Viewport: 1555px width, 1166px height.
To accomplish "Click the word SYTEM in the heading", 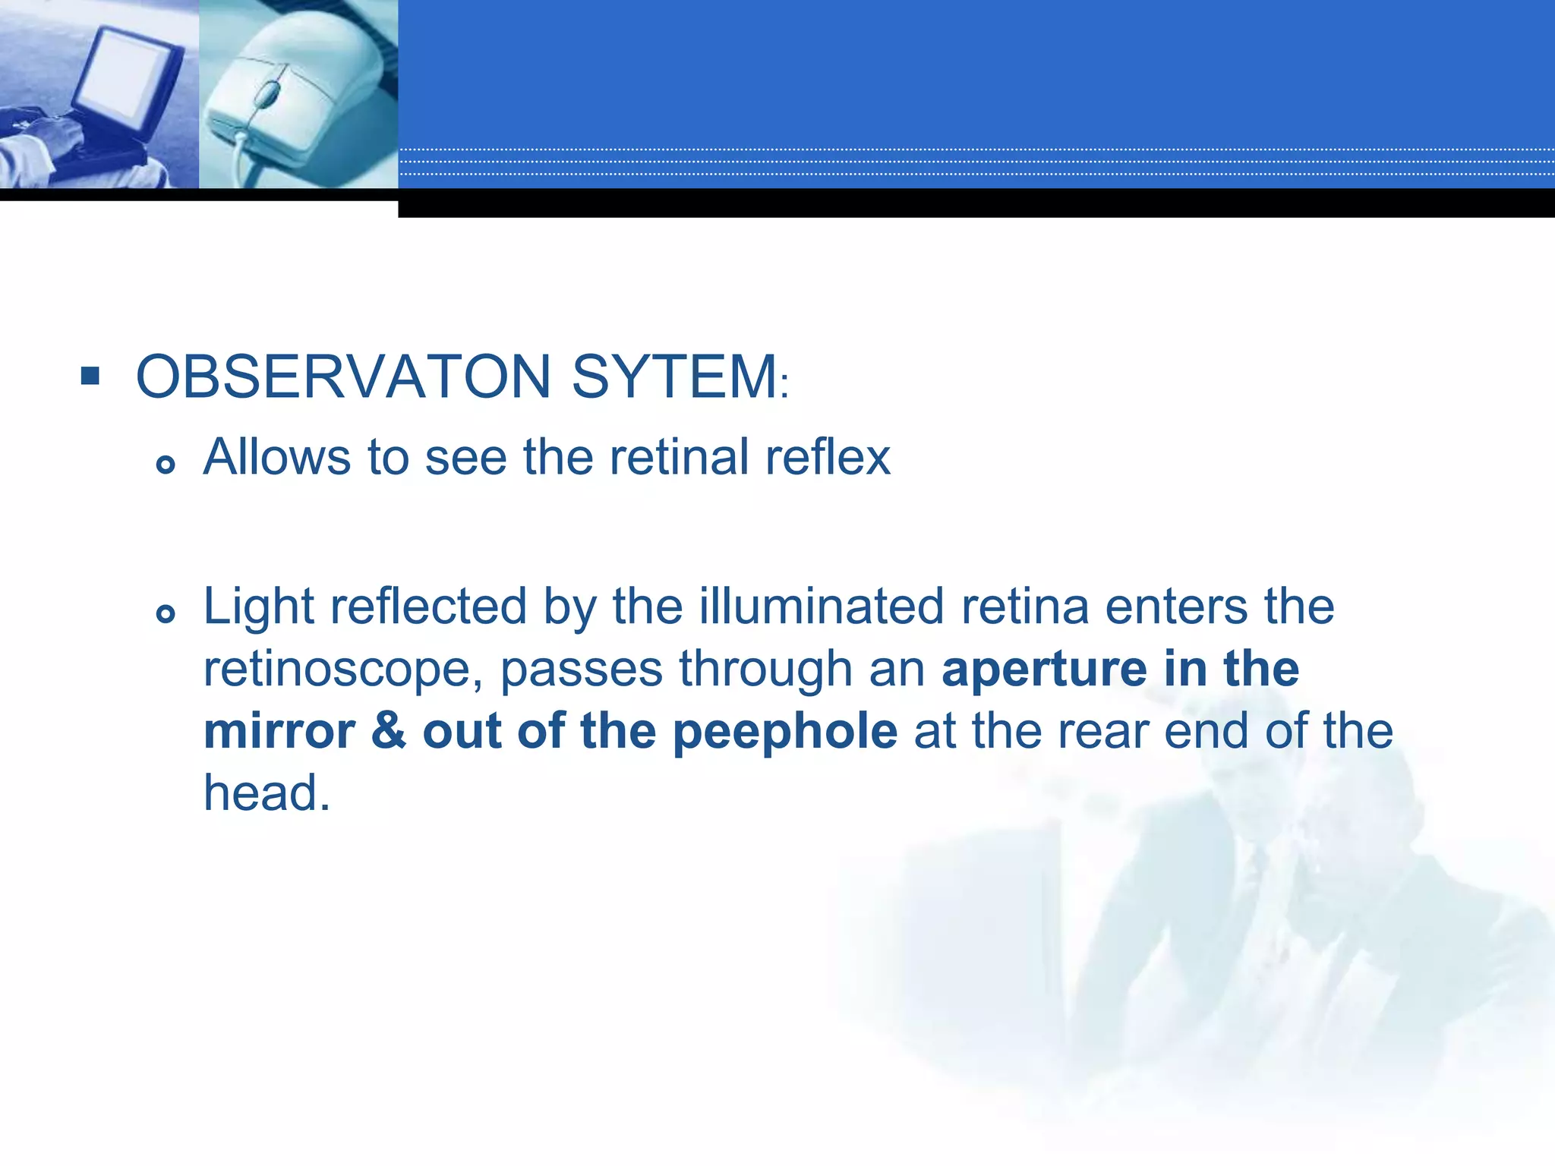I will coord(674,377).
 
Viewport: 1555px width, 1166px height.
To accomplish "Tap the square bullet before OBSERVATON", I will coord(90,376).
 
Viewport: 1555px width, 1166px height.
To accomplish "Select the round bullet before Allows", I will coord(166,464).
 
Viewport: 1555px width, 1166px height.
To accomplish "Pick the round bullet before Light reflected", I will coord(166,613).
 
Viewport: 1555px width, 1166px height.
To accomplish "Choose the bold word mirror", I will coord(279,732).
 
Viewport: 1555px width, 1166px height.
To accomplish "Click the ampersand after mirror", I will coord(389,732).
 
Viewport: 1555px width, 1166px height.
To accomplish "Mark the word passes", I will coord(581,670).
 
